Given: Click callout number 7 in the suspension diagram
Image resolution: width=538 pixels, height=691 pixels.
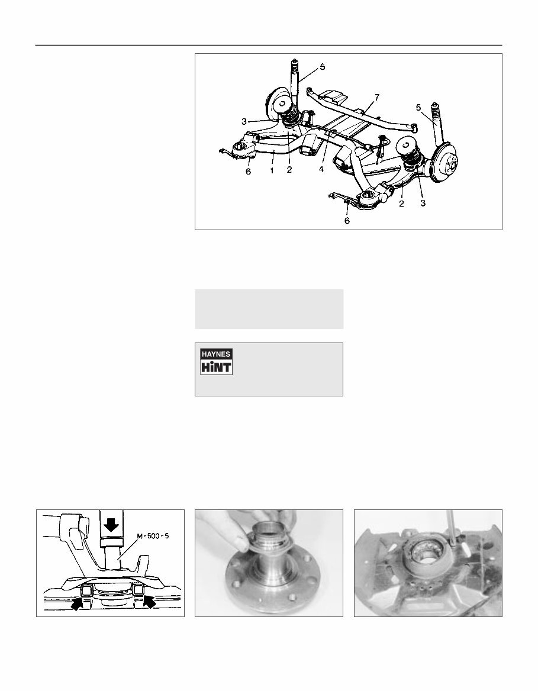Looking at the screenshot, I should click(376, 96).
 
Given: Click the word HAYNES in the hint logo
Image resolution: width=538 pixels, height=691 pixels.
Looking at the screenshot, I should click(216, 354).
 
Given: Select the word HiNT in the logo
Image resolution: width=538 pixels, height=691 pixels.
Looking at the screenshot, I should click(216, 367).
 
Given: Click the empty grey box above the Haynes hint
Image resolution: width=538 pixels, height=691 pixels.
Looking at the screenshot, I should click(269, 309).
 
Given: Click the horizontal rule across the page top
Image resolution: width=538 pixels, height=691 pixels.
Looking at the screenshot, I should click(269, 45).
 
